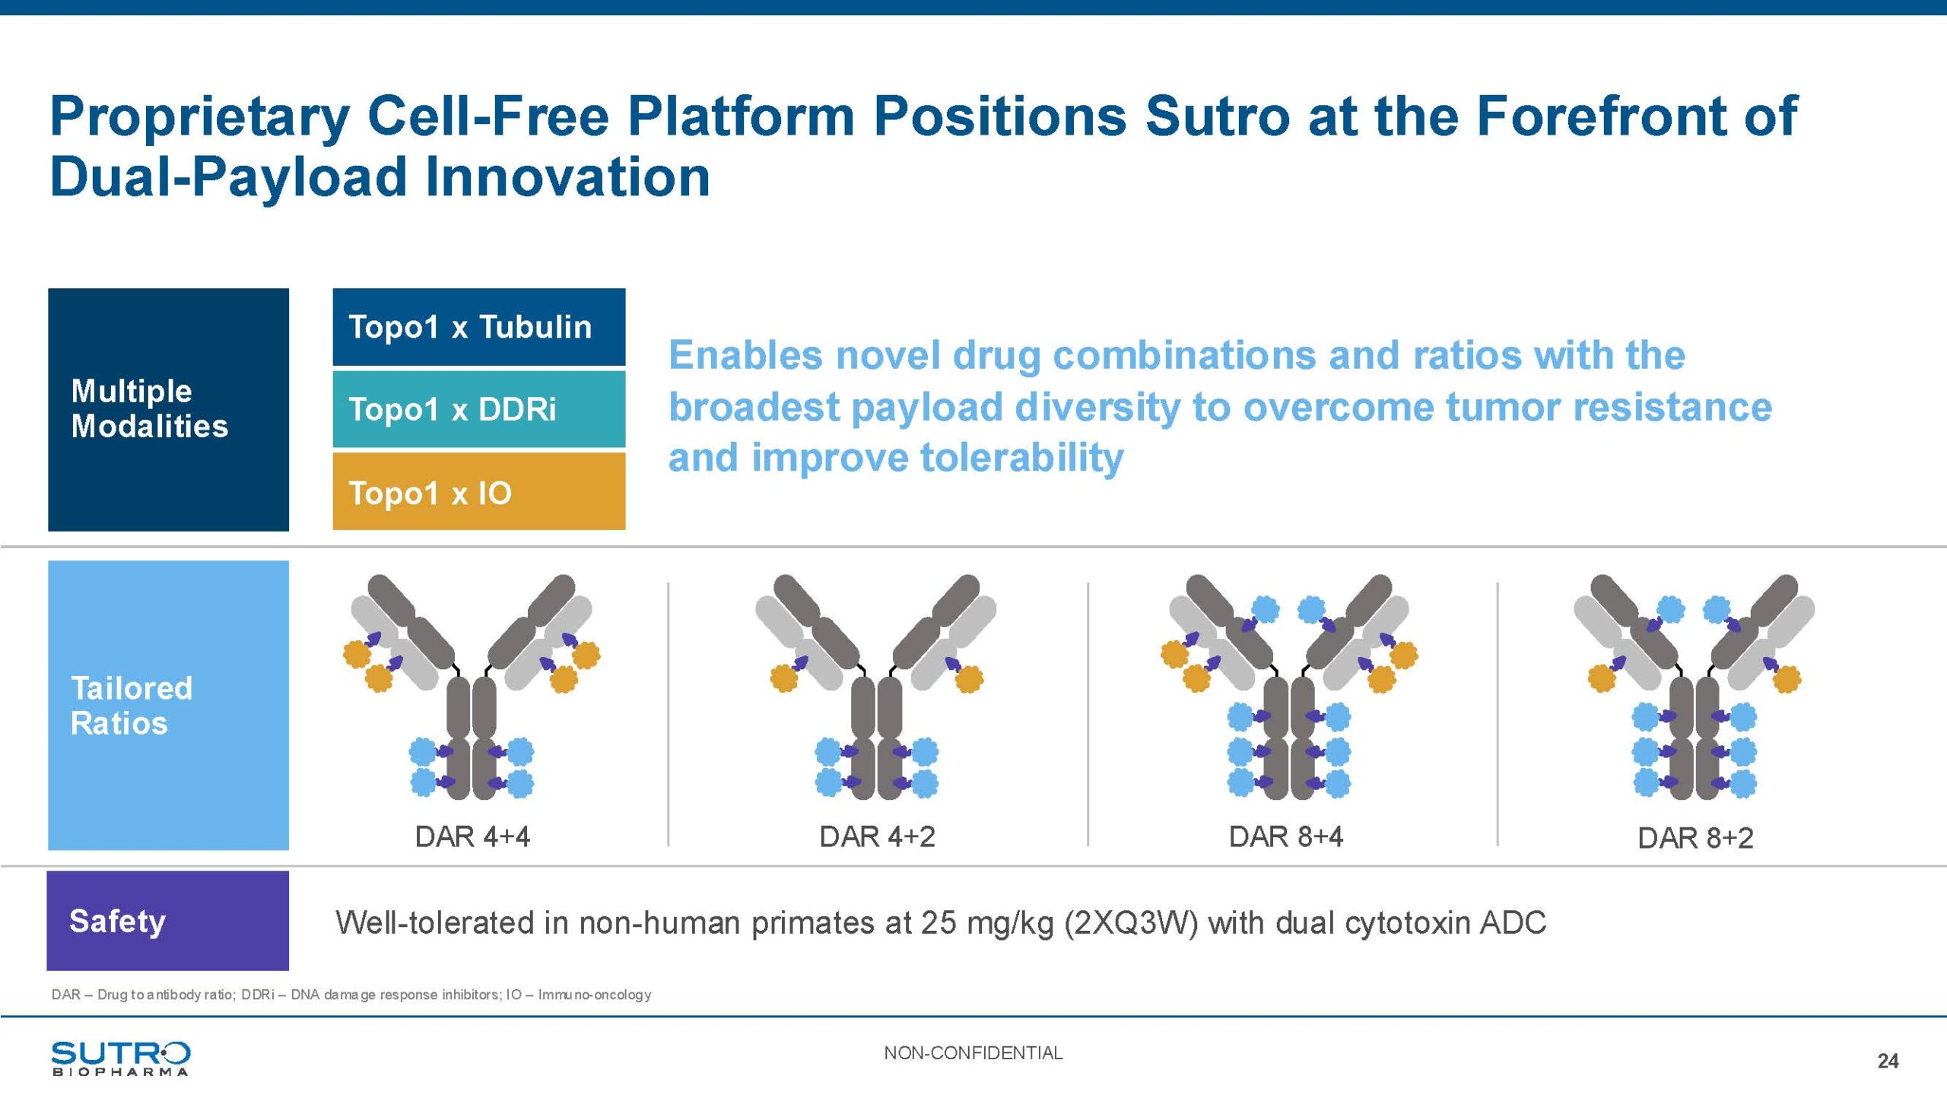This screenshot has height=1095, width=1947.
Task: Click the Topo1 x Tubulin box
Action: coord(479,327)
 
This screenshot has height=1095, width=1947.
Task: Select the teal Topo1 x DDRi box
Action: coord(479,409)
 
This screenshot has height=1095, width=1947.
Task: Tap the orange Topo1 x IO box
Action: coord(479,491)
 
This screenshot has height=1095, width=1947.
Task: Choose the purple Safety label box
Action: coord(168,920)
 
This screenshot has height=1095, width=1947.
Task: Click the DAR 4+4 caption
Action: coord(472,836)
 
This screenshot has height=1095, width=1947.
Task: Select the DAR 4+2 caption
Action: coord(877,836)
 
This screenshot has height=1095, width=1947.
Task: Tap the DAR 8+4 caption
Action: coord(1286,836)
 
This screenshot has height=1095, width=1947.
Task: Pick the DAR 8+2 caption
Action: coord(1695,838)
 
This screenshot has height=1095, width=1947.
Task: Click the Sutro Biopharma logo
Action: coord(121,1058)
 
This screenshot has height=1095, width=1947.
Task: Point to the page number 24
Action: coord(1888,1061)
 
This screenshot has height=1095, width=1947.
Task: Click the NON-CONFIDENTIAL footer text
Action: coord(973,1053)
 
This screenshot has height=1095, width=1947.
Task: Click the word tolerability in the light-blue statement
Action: coord(1021,458)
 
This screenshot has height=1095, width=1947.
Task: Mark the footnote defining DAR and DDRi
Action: coord(351,995)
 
